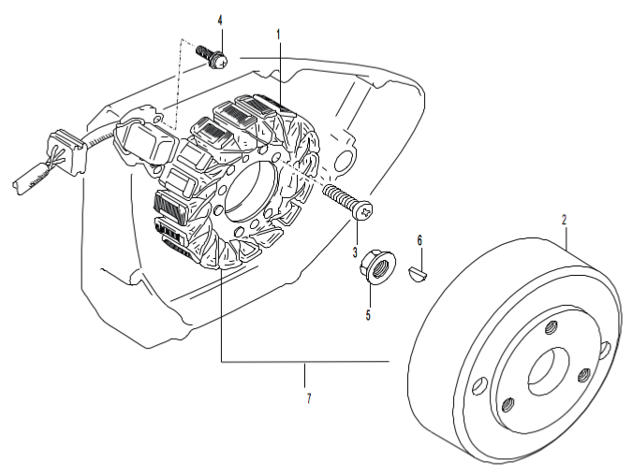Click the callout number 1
pyautogui.click(x=278, y=34)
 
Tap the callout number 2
pyautogui.click(x=564, y=220)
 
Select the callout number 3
pyautogui.click(x=356, y=252)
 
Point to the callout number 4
pyautogui.click(x=221, y=20)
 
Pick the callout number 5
pyautogui.click(x=368, y=315)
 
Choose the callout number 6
pyautogui.click(x=419, y=240)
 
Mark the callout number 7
pyautogui.click(x=308, y=399)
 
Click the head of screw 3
pyautogui.click(x=364, y=212)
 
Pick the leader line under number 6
pyautogui.click(x=419, y=255)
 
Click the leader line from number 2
pyautogui.click(x=566, y=234)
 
